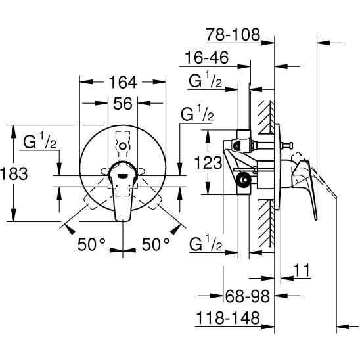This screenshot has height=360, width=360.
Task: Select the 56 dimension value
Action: [x=123, y=104]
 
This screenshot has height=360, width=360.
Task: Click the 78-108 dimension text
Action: [x=232, y=35]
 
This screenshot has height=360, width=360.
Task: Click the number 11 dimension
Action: [x=302, y=270]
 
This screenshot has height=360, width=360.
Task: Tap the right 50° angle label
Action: [x=156, y=244]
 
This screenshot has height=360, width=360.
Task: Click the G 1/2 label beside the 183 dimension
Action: [x=40, y=141]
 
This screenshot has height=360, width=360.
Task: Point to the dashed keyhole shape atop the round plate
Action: [x=123, y=143]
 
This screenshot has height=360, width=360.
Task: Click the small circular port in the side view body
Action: [x=244, y=179]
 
